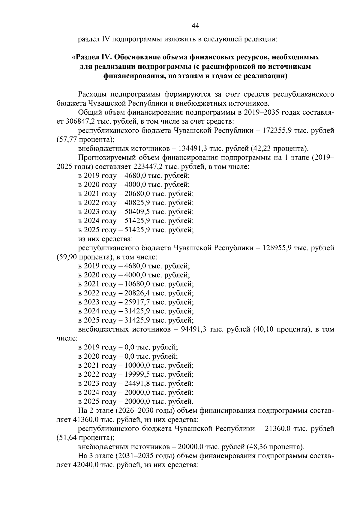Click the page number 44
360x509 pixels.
point(195,26)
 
